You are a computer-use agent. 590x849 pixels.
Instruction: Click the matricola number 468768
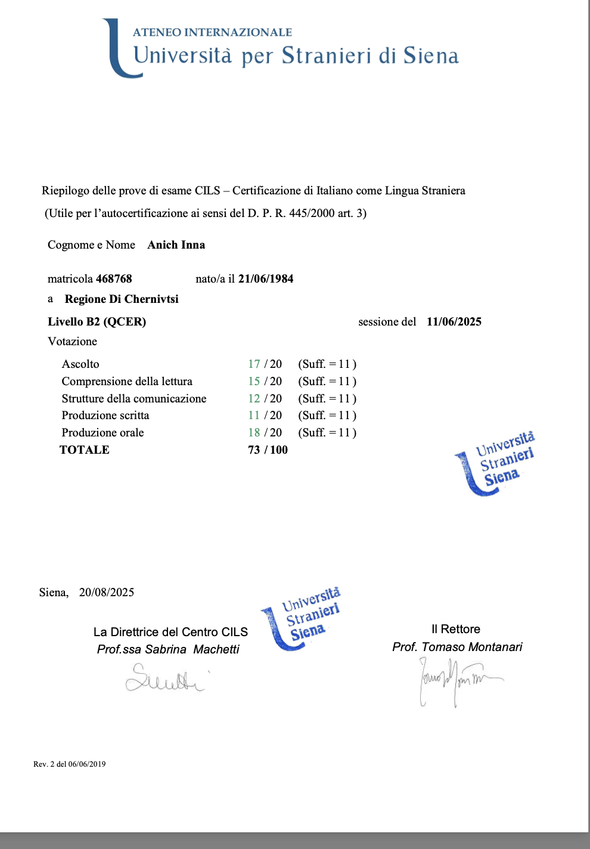[x=114, y=278]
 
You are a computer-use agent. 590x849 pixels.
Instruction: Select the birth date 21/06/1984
[x=266, y=278]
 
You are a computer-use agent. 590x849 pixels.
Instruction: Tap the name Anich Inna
[x=176, y=244]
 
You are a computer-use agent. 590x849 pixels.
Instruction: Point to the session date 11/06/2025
[x=454, y=321]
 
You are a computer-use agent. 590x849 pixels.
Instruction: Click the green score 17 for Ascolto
[x=254, y=364]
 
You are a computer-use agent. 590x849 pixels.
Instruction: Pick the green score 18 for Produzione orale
[x=254, y=432]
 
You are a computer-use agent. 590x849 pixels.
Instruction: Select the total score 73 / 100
[x=268, y=450]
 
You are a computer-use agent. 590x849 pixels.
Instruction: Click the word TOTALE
[x=85, y=450]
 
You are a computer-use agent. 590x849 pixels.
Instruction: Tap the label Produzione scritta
[x=105, y=415]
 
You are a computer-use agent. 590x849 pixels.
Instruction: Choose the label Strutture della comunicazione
[x=134, y=398]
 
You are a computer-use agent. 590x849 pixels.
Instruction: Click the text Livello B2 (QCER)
[x=97, y=321]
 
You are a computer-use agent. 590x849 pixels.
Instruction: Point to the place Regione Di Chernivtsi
[x=122, y=299]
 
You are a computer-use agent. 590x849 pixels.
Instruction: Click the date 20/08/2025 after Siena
[x=107, y=592]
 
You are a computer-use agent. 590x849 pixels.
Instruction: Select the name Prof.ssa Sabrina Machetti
[x=168, y=649]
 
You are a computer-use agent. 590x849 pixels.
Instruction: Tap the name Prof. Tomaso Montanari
[x=457, y=647]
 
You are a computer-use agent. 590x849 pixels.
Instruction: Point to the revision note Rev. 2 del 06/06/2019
[x=70, y=764]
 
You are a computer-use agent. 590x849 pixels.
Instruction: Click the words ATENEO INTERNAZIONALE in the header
[x=212, y=32]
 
